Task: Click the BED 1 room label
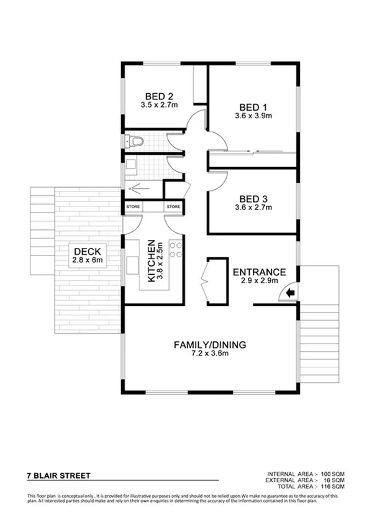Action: point(253,106)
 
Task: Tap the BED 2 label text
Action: point(158,96)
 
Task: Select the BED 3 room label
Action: point(253,199)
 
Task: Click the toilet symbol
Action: point(135,142)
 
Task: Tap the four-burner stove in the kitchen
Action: point(176,249)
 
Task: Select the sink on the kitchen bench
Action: point(133,265)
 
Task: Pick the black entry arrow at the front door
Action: point(290,293)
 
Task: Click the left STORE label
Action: point(134,206)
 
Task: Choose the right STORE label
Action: point(173,206)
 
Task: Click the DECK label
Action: point(87,251)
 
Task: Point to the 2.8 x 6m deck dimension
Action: point(87,260)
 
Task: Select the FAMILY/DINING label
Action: point(210,344)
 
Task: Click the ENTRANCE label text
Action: point(259,272)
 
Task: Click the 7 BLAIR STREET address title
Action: point(59,476)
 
